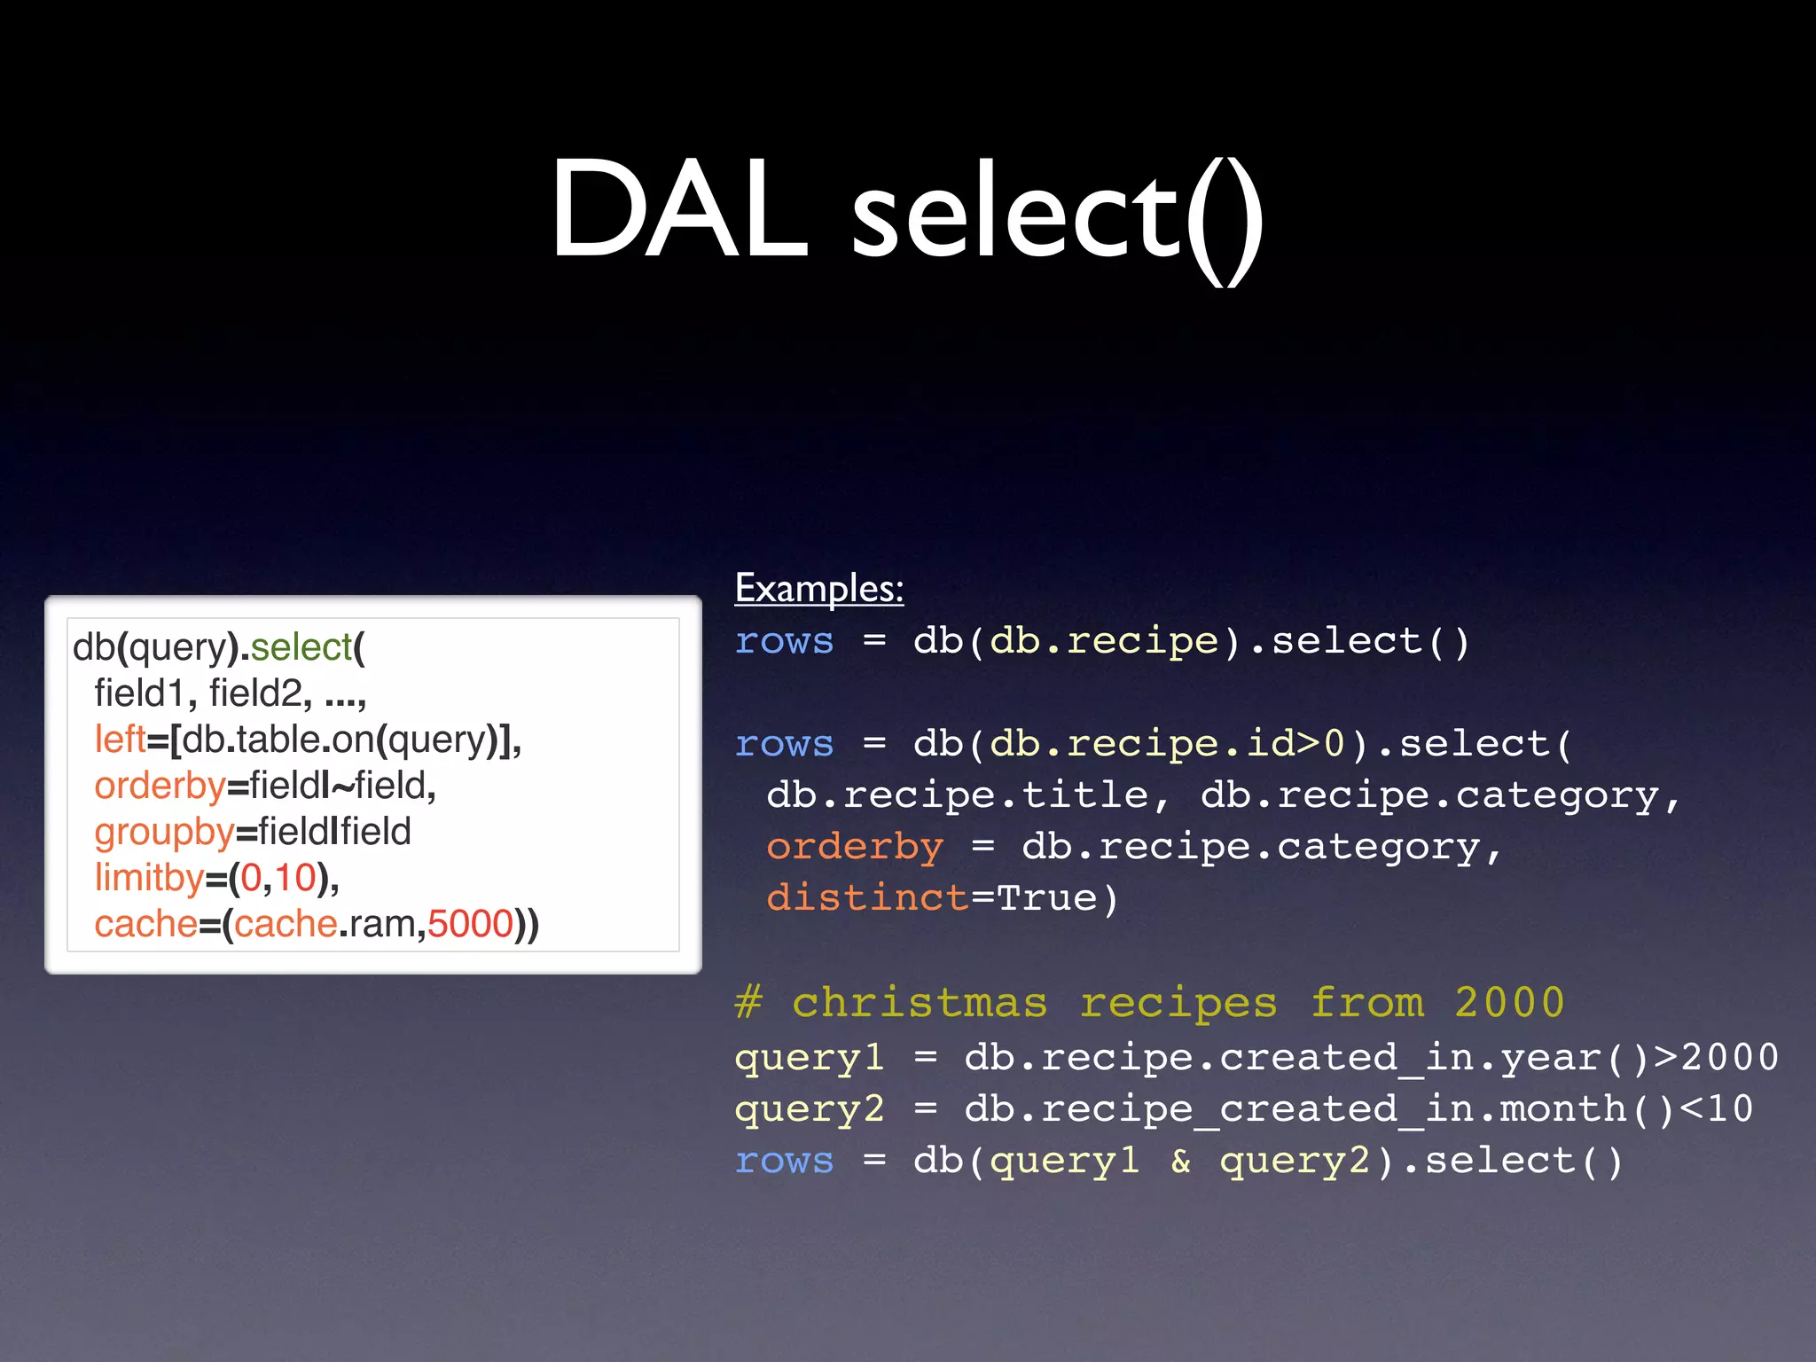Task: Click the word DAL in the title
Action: click(679, 211)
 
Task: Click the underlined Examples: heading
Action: click(819, 588)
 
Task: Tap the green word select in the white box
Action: click(301, 646)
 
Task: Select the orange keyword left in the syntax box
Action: click(120, 739)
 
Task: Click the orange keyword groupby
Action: click(164, 832)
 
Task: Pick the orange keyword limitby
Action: click(149, 878)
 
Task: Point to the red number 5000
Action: click(470, 924)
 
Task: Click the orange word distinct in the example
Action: click(867, 897)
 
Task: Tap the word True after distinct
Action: click(1046, 897)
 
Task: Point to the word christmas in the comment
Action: click(920, 1003)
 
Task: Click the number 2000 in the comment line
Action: click(1509, 1003)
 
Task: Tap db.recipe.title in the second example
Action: click(958, 794)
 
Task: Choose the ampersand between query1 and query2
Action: click(1180, 1160)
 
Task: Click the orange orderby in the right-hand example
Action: click(855, 846)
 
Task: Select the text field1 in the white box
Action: click(140, 693)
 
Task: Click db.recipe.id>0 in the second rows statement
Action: click(1167, 743)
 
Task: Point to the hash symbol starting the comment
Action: click(748, 1003)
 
